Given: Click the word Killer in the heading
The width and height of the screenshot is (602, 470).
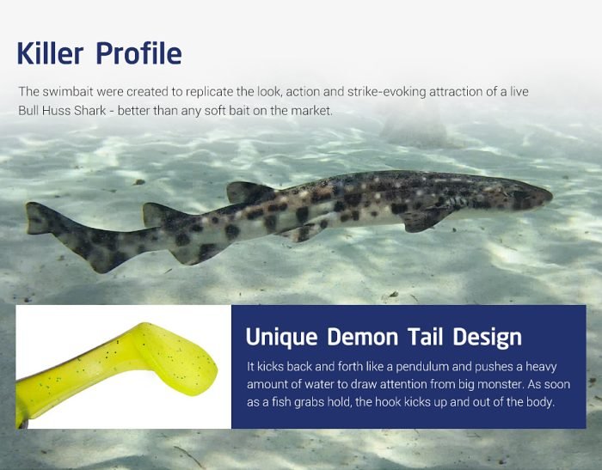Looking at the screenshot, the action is (50, 53).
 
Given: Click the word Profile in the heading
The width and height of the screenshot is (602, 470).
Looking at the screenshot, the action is (139, 53).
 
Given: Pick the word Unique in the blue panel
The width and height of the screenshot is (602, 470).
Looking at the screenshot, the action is (281, 338).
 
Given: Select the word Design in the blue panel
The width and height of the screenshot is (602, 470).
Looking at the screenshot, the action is (488, 338).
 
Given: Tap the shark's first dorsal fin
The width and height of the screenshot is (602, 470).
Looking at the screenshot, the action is (249, 192).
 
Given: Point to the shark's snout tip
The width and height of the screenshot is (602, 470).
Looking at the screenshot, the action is (551, 197).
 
